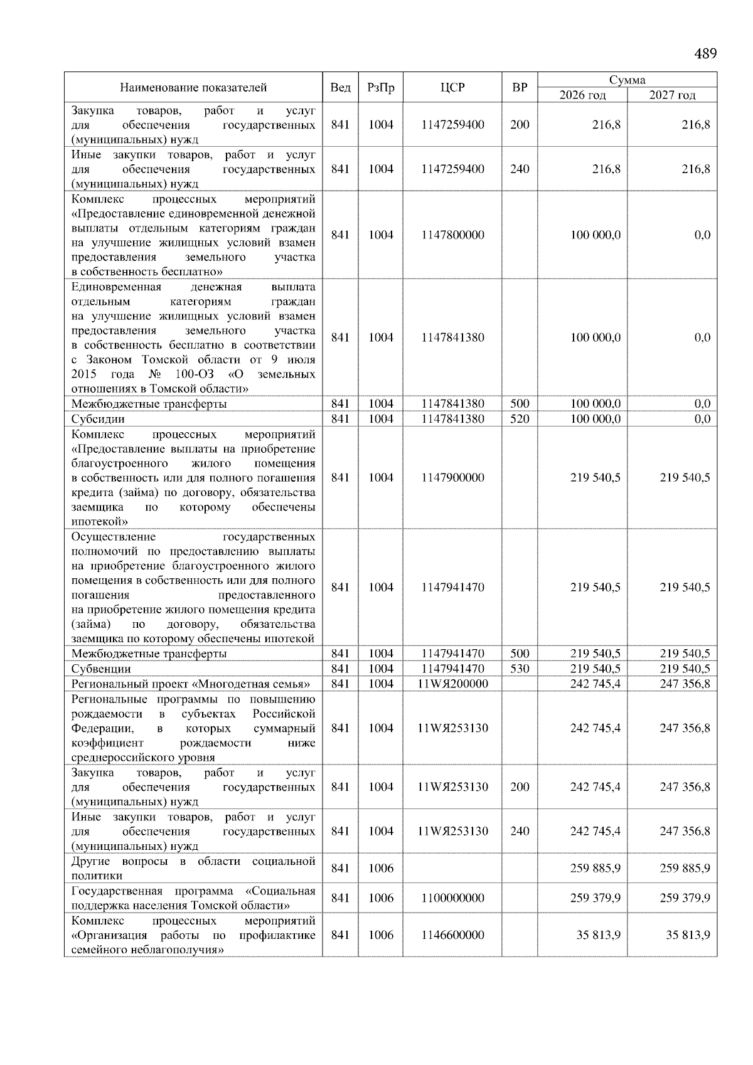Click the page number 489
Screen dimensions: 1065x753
pos(705,54)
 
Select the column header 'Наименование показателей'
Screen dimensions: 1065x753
pos(193,88)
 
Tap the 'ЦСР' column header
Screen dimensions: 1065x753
pos(452,88)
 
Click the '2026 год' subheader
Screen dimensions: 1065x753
pos(582,95)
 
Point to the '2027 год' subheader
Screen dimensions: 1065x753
pos(672,95)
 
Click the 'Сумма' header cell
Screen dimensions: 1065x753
pos(627,80)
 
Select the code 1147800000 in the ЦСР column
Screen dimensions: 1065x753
pos(452,235)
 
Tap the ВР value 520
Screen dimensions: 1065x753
pos(520,419)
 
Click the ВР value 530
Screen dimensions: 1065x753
pos(520,669)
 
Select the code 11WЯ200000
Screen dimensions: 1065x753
pos(452,684)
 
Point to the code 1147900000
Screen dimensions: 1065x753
pos(452,478)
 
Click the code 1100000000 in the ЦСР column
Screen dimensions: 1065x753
pos(452,898)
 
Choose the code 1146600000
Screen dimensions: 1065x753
pos(452,935)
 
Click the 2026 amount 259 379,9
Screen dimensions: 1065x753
pos(595,898)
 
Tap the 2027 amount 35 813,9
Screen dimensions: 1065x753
pos(688,935)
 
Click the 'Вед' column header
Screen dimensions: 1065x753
pos(340,88)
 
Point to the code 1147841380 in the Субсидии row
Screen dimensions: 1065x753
pos(452,419)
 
